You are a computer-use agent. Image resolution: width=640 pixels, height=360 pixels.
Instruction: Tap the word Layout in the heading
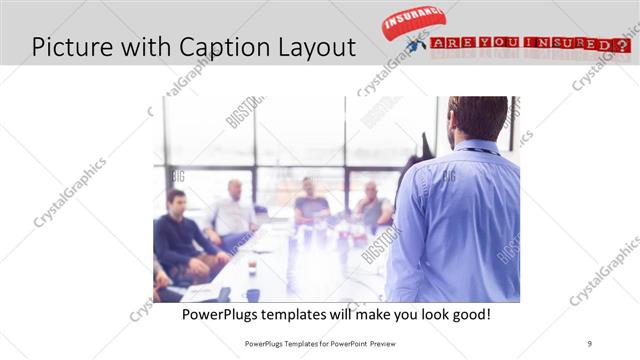(316, 46)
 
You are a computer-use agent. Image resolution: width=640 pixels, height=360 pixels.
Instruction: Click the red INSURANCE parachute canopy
(412, 21)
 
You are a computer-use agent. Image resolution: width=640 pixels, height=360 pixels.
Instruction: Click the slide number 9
(590, 342)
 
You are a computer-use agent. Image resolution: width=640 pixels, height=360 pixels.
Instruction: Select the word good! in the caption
(468, 314)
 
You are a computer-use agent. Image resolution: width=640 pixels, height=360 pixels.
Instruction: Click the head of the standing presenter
(477, 118)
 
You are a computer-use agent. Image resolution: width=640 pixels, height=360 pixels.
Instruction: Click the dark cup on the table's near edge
(253, 295)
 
